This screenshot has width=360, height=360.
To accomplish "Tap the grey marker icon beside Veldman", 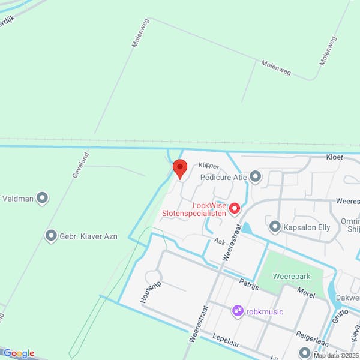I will pos(42,197).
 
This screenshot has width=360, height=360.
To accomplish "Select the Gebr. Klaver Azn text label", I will pos(88,236).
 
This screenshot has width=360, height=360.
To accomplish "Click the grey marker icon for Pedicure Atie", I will pos(256,176).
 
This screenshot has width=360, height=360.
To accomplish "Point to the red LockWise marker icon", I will pos(235,208).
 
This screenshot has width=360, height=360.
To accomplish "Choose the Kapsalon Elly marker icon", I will pos(275,226).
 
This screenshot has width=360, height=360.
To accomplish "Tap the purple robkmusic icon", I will pos(238,311).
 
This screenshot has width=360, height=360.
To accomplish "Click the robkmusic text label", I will pos(265,311).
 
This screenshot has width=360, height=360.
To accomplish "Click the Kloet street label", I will pos(334,157).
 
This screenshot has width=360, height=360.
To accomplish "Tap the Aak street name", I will pos(219,241).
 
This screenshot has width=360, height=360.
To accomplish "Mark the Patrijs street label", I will pos(248,284).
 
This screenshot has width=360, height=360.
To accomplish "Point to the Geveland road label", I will pos(80,163).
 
